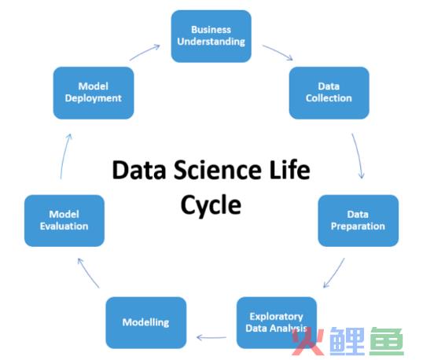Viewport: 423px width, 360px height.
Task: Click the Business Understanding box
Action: coord(211,36)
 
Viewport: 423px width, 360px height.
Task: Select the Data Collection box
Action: coord(329,93)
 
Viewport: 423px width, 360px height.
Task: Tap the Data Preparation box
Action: coord(359,221)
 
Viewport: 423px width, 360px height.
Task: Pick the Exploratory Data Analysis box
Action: coord(277,322)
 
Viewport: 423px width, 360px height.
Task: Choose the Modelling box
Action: coord(146,322)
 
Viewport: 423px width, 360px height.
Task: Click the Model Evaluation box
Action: coord(64,221)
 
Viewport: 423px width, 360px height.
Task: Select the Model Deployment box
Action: coord(94,93)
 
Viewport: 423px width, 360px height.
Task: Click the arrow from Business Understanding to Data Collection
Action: coord(278,52)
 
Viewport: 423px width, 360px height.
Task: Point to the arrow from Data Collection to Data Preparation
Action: coord(359,156)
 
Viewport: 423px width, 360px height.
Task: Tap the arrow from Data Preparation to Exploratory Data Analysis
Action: coord(334,273)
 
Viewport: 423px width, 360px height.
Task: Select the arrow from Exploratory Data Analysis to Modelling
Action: coord(211,337)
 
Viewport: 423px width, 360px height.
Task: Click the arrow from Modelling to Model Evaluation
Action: coord(88,273)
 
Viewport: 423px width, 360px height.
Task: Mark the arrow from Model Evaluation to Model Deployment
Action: coord(65,156)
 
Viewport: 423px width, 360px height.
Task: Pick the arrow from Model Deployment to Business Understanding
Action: coord(145,53)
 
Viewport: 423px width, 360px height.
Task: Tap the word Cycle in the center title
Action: coord(211,205)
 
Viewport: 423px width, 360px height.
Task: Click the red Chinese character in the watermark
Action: coord(308,341)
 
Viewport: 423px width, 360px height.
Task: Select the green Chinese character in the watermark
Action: coord(387,341)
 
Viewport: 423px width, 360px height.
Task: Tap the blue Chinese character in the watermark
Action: coord(348,341)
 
